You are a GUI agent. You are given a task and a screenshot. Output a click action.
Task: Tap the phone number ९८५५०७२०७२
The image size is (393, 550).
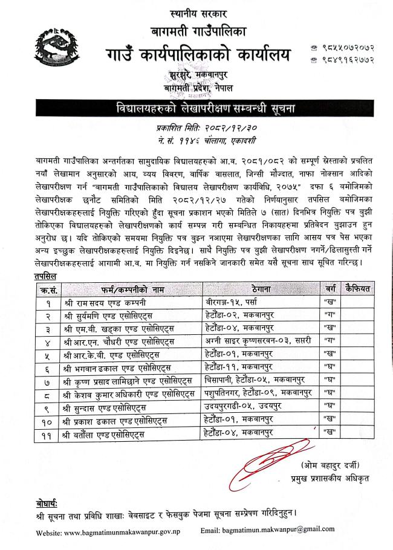[x=345, y=47]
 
